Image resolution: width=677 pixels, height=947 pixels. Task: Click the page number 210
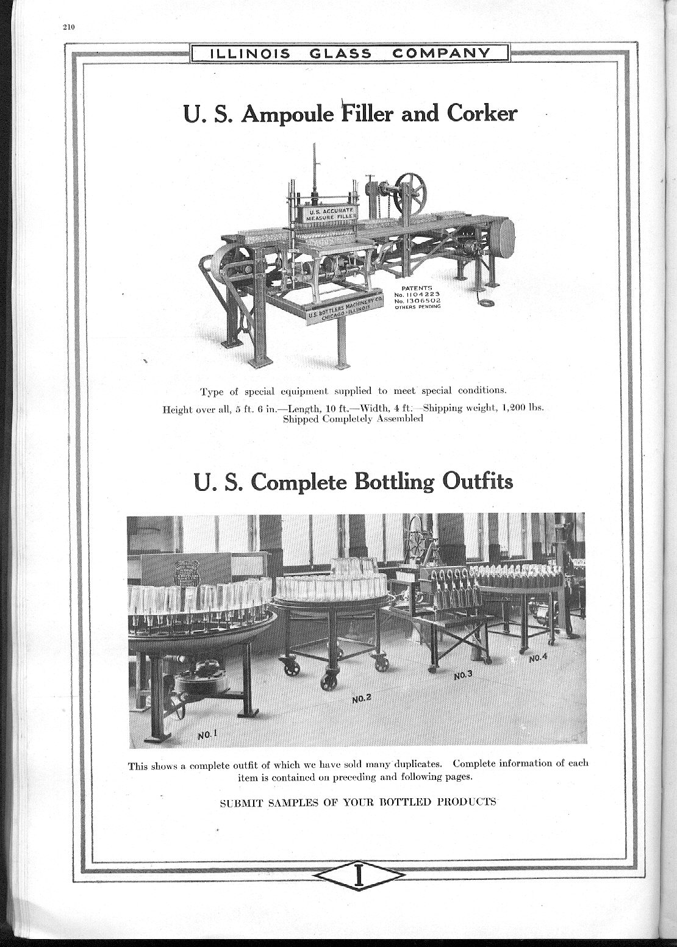click(67, 26)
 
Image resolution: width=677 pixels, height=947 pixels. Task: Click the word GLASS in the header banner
click(340, 54)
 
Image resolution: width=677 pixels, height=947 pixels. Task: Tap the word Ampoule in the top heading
click(288, 114)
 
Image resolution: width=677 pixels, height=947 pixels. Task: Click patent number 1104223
click(420, 294)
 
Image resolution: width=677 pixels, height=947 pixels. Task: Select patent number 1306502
click(420, 301)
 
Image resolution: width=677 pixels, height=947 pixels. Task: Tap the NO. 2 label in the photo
click(362, 699)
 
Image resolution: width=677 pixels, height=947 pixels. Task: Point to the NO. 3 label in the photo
click(464, 675)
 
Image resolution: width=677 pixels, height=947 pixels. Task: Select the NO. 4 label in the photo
click(538, 658)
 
